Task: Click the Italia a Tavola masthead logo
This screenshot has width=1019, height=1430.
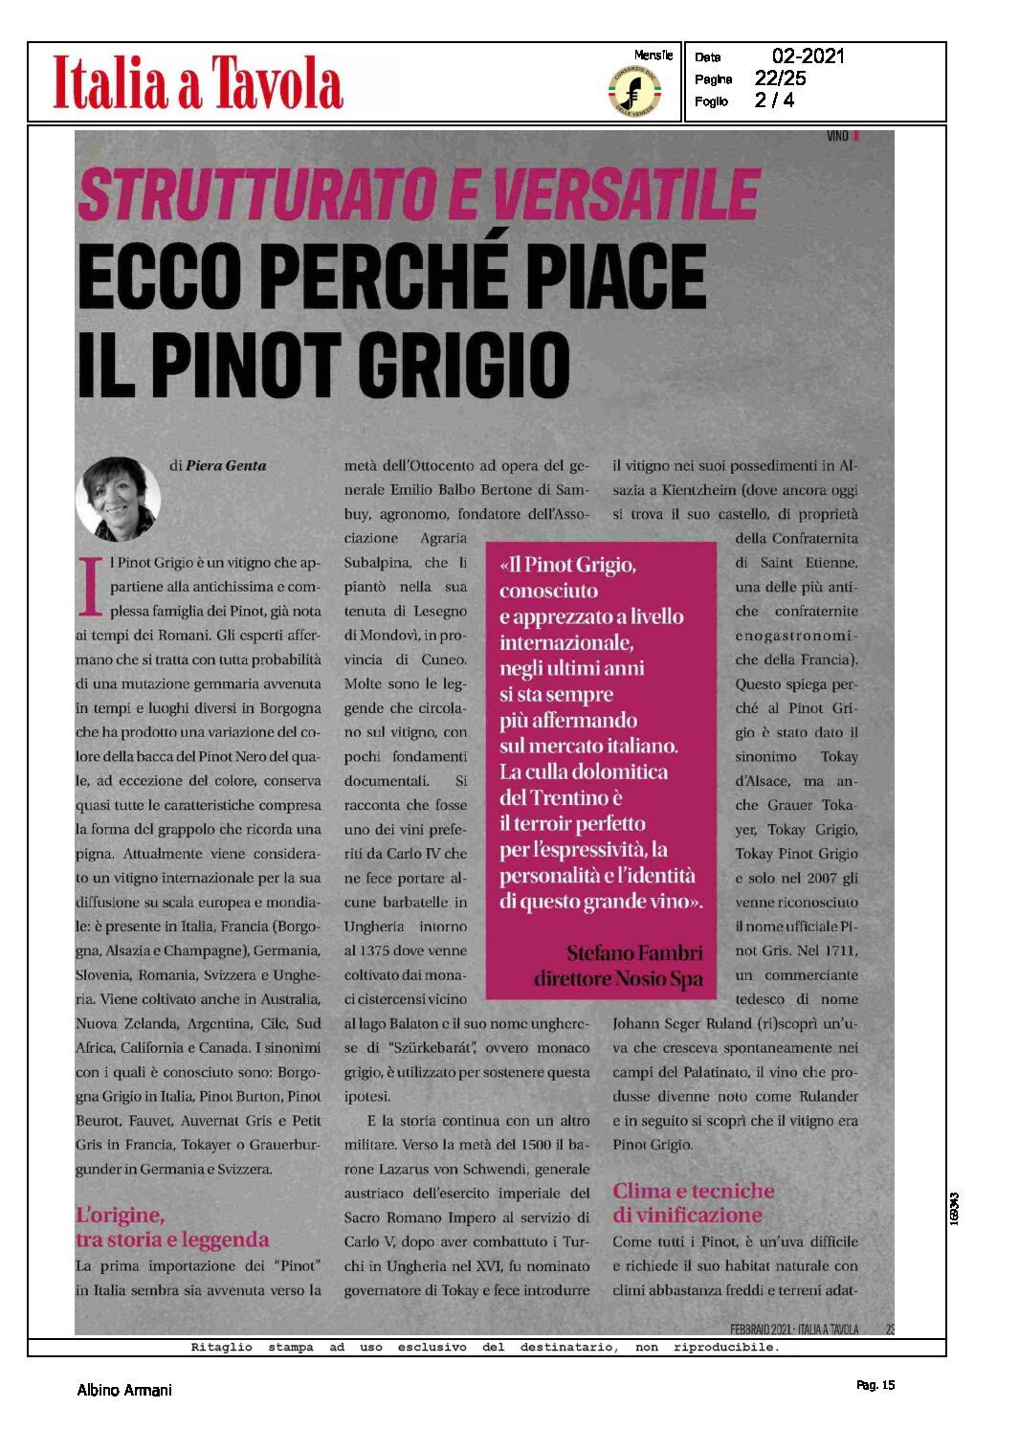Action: coord(197,82)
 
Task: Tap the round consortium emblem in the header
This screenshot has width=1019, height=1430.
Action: coord(634,92)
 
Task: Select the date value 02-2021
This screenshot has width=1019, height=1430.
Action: coord(809,56)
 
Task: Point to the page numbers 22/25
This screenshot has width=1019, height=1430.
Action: coord(780,78)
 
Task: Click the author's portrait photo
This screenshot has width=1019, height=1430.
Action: coord(119,499)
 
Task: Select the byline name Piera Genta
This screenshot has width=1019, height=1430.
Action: coord(226,466)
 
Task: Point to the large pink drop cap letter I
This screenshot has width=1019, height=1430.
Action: coord(90,586)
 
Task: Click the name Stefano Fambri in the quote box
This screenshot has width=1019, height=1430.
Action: coord(634,953)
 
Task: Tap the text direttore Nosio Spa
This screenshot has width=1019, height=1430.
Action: coord(618,979)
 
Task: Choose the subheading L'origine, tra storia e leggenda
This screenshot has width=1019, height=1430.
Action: coord(172,1227)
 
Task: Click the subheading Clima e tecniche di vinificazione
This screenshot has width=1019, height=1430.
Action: coord(693,1203)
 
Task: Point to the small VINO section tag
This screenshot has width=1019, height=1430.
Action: coord(837,137)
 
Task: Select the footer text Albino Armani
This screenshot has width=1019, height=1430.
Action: coord(124,1390)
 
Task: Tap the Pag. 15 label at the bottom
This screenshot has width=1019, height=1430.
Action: coord(875,1385)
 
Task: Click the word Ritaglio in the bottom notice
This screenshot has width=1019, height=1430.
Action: coord(221,1348)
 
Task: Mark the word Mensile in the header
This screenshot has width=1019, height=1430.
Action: coord(653,56)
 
